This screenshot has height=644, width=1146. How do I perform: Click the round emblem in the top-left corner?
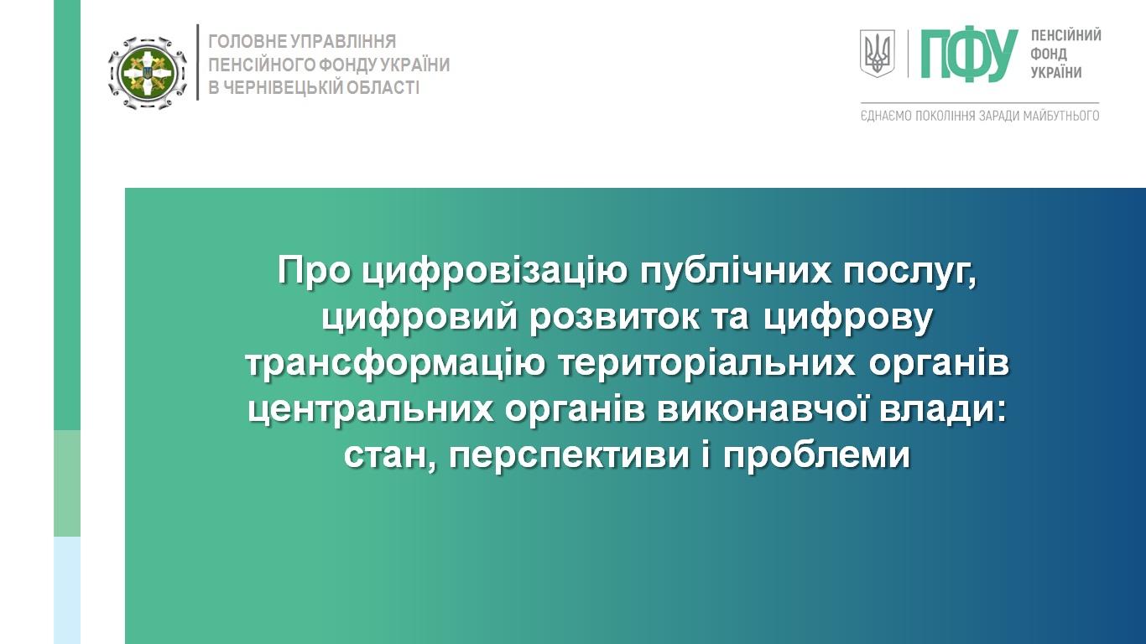click(147, 73)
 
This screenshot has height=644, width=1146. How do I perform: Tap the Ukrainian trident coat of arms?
click(877, 53)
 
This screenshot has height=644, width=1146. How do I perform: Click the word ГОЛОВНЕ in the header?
click(247, 41)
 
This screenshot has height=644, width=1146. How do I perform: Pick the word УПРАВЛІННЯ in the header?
click(343, 41)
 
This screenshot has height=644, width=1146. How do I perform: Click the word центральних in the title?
click(371, 411)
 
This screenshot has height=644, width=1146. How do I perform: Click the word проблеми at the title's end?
click(816, 454)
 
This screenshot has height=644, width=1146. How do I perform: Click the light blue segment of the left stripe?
click(67, 590)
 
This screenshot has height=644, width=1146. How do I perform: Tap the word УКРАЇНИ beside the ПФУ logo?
click(1055, 73)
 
